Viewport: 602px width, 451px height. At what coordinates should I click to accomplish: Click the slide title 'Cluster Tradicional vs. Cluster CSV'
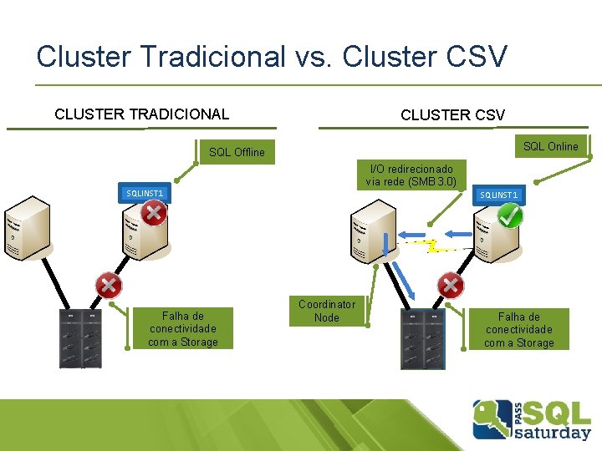point(272,57)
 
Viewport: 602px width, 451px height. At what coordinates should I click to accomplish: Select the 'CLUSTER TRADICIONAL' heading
point(141,114)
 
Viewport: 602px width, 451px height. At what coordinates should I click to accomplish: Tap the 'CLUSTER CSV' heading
point(452,115)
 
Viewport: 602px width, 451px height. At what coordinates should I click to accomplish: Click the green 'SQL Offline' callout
point(237,152)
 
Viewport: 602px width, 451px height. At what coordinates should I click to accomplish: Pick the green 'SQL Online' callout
point(550,146)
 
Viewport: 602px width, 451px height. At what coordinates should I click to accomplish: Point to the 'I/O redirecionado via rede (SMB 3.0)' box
point(411,175)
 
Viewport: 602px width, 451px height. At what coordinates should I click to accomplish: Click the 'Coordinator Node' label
point(327,311)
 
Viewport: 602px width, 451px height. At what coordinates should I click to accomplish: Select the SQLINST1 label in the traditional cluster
point(144,193)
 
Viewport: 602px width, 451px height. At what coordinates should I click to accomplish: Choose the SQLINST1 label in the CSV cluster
point(498,195)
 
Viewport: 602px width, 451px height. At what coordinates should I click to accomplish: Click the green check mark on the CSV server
point(509,215)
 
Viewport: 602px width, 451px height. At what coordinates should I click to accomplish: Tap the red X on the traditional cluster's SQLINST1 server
point(153,212)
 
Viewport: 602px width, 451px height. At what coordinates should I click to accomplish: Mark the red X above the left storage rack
point(109,285)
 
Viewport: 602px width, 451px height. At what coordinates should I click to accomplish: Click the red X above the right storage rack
point(451,285)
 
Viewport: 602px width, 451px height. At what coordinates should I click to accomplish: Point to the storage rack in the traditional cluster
point(80,337)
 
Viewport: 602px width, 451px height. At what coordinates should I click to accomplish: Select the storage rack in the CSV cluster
point(423,339)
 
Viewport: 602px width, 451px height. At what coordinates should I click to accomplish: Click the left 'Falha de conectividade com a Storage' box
point(182,329)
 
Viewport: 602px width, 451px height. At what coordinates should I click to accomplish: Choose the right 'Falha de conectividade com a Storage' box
point(518,329)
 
